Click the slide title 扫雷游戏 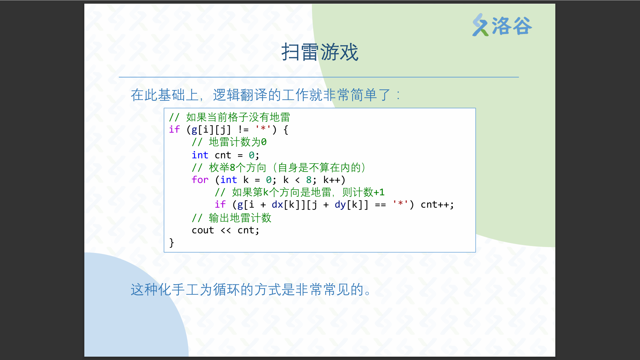[320, 52]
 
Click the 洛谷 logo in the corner [502, 25]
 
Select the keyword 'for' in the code [200, 180]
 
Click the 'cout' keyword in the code [203, 230]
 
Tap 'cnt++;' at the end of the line [437, 205]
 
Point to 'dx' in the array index [277, 205]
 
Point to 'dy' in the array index [340, 205]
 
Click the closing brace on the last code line [172, 243]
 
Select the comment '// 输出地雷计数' [232, 218]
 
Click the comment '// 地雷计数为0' [229, 142]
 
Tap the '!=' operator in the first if [243, 129]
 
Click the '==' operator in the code [380, 205]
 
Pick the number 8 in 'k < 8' [309, 180]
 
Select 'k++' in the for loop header [332, 180]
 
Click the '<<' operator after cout [226, 230]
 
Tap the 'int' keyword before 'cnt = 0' [200, 155]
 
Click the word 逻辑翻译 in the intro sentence [240, 95]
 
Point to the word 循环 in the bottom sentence [226, 290]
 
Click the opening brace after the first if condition [286, 129]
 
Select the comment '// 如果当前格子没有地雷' [230, 117]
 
